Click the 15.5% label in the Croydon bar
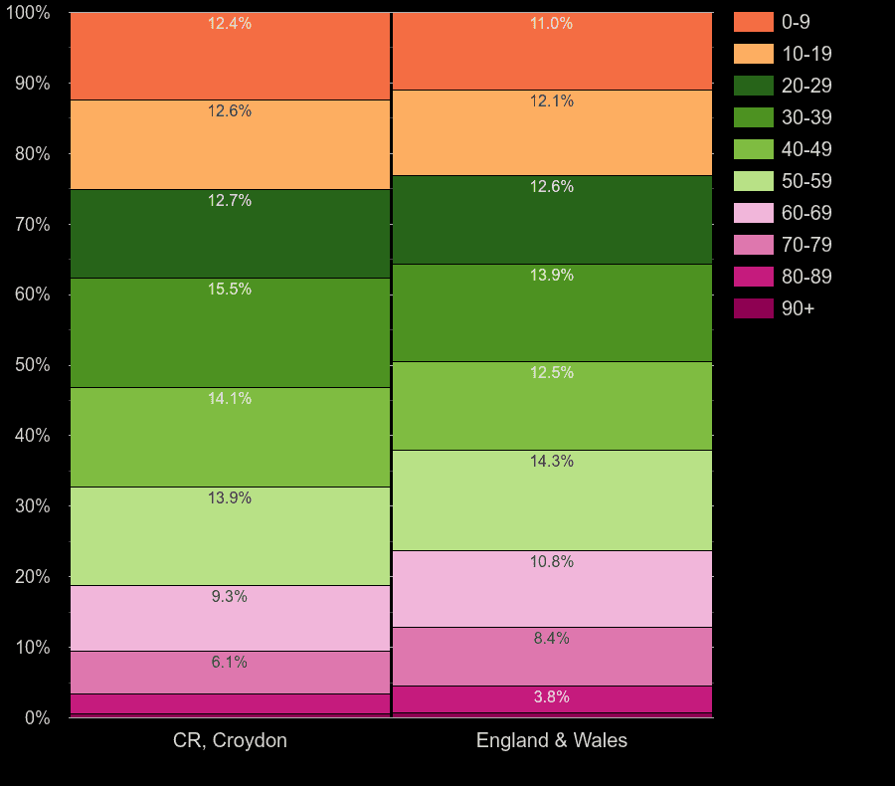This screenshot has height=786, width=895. (230, 290)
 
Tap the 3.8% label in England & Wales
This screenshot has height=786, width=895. (552, 697)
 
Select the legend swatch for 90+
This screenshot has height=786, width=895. (754, 308)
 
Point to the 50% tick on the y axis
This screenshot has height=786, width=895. (32, 365)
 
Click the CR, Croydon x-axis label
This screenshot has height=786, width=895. (230, 740)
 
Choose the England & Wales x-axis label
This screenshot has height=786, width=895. (552, 740)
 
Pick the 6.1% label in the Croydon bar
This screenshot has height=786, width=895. (230, 663)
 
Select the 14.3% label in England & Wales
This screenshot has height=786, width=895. (552, 462)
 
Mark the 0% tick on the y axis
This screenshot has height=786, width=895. (37, 717)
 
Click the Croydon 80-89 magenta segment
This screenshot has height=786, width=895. (230, 703)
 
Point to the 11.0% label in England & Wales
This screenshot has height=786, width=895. (552, 24)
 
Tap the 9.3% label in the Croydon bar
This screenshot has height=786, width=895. (230, 597)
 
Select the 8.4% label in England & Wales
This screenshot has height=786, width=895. (552, 639)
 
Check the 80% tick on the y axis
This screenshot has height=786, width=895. (32, 154)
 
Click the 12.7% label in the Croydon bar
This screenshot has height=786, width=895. (230, 201)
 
